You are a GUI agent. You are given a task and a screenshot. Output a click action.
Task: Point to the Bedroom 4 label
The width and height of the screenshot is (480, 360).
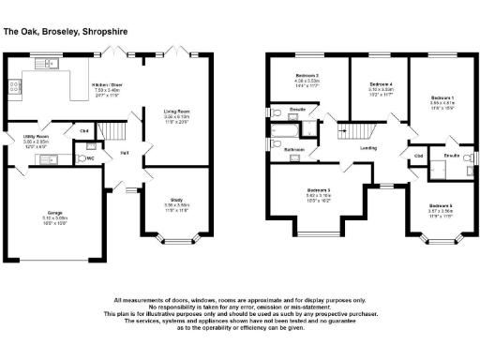coord(379,84)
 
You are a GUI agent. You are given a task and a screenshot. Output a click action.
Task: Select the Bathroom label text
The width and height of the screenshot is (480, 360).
coord(294,149)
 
